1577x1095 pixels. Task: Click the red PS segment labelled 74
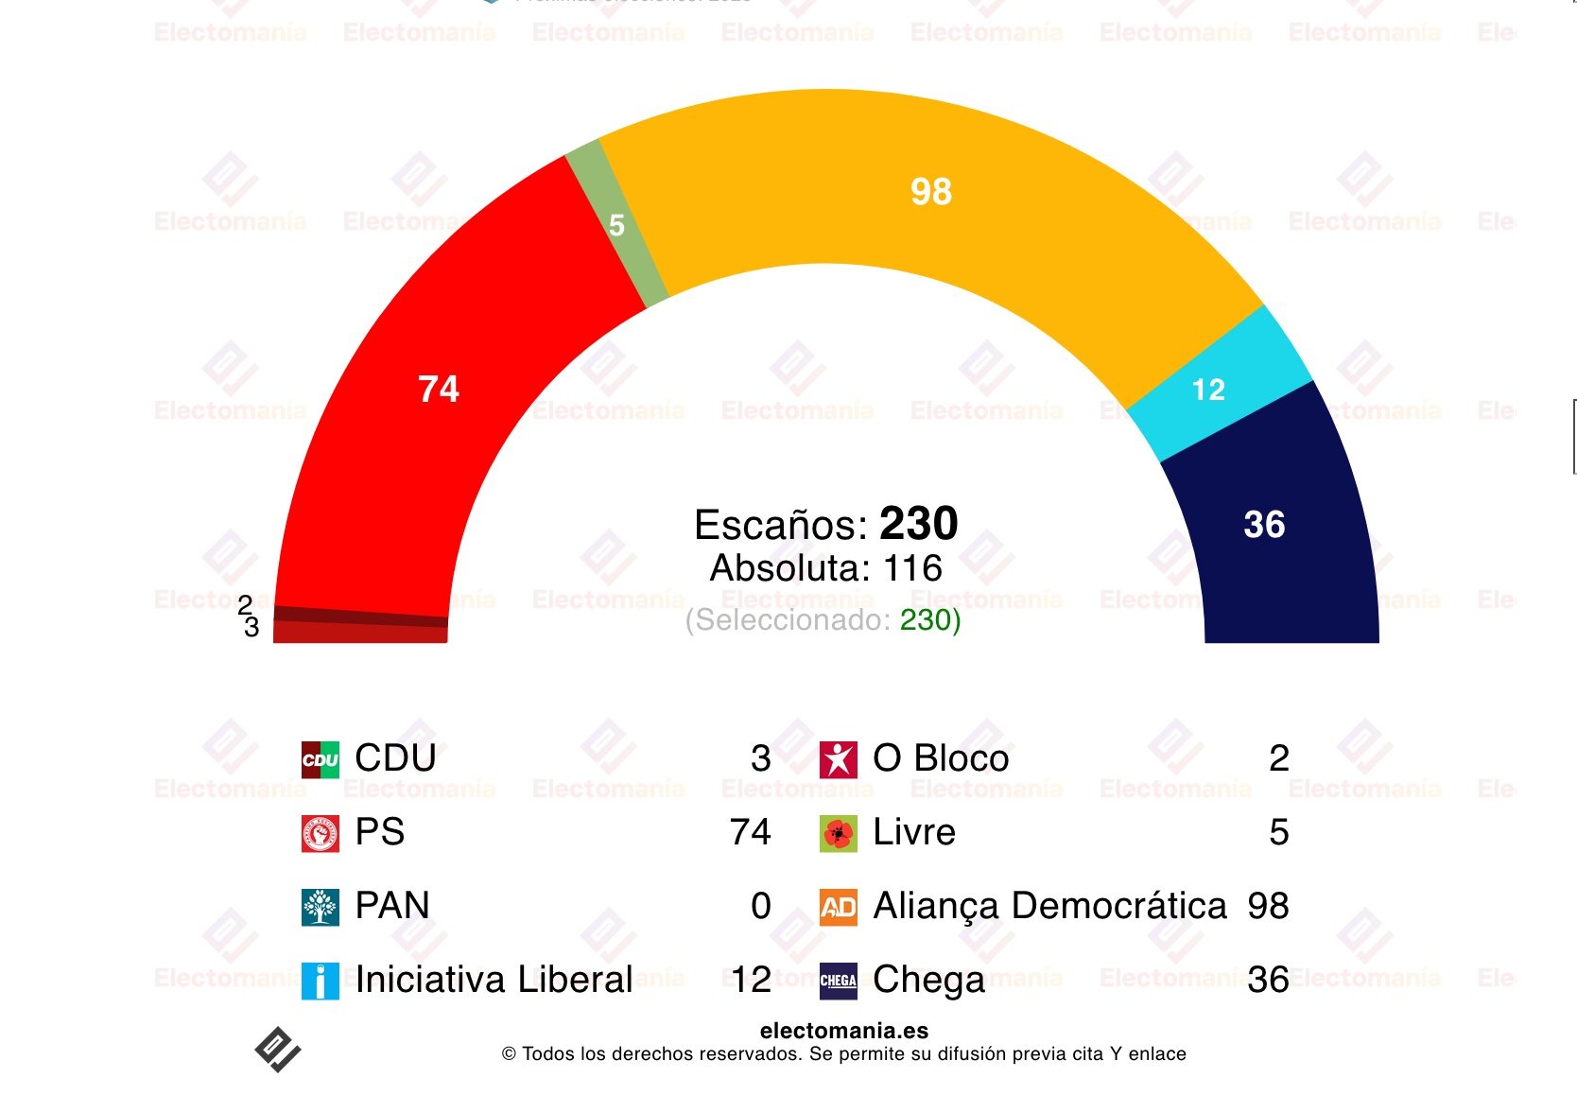pyautogui.click(x=440, y=389)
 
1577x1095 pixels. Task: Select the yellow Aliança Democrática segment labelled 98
pyautogui.click(x=931, y=193)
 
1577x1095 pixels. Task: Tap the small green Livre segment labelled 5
pyautogui.click(x=616, y=225)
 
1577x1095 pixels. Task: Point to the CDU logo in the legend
pyautogui.click(x=321, y=759)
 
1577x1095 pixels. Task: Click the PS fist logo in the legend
pyautogui.click(x=321, y=833)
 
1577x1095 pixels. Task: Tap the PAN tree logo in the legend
pyautogui.click(x=321, y=907)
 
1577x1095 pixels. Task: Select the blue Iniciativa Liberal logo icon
pyautogui.click(x=321, y=981)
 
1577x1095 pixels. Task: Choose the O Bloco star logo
pyautogui.click(x=839, y=759)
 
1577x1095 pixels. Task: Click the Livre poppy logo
pyautogui.click(x=839, y=833)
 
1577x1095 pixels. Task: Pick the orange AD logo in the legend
pyautogui.click(x=839, y=907)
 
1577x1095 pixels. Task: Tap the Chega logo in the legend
pyautogui.click(x=839, y=981)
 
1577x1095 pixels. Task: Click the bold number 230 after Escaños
pyautogui.click(x=918, y=524)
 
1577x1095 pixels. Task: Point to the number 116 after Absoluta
pyautogui.click(x=912, y=568)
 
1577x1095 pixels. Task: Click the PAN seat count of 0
pyautogui.click(x=761, y=906)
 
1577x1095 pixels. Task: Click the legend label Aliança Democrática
pyautogui.click(x=1049, y=906)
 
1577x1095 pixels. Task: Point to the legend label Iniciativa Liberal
pyautogui.click(x=494, y=980)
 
